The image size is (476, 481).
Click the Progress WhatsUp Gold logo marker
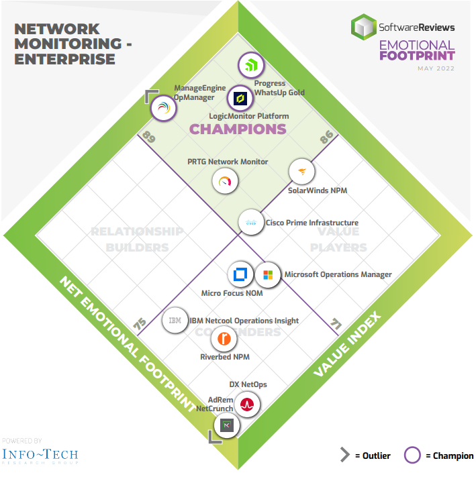coord(251,65)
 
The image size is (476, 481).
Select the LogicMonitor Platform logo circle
coord(240,99)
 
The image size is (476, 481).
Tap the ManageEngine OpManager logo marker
coord(164,108)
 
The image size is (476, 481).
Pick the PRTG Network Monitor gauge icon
coord(225,181)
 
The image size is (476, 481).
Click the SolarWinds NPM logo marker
coord(301,172)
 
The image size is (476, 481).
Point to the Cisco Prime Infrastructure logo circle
coord(251,223)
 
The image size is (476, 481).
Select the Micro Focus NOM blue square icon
coord(240,274)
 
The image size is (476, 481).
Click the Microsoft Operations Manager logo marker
coord(268,275)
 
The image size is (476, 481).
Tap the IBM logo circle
coord(175,320)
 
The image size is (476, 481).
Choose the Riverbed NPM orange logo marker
coord(224,339)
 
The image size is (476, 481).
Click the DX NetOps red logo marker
coord(247,405)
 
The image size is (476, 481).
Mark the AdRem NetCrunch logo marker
coord(227,425)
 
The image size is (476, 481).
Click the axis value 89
coord(148,137)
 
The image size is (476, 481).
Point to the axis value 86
coord(326,137)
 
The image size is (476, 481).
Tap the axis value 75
coord(140,324)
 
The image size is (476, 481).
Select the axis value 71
coord(336,324)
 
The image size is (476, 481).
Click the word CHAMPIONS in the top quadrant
coord(238,129)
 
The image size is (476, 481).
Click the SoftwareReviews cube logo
coord(364,27)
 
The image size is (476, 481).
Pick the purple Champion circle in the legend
coord(412,455)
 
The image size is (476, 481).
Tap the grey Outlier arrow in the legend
coord(345,454)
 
